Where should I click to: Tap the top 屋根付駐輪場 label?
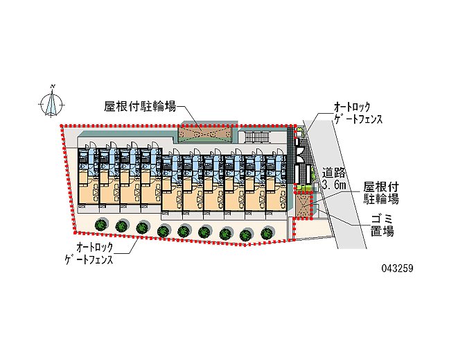coord(140,106)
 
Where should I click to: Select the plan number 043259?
coord(397,268)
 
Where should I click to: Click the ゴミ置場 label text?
coord(382,226)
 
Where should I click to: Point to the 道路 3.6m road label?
coord(334,179)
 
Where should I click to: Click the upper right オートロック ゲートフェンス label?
coord(358,112)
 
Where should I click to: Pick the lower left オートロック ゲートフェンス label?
coord(89,253)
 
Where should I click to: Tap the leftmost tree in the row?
coord(101,225)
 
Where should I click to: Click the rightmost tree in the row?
coord(267,232)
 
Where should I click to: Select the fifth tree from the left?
coord(184,231)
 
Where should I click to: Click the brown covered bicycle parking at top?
coord(206,134)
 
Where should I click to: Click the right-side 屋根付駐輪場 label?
coord(381,193)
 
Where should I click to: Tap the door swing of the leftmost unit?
coord(92,145)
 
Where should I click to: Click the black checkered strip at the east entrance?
coord(291,155)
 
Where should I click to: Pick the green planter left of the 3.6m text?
coord(303,187)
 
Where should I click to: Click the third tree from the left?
coord(142,228)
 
